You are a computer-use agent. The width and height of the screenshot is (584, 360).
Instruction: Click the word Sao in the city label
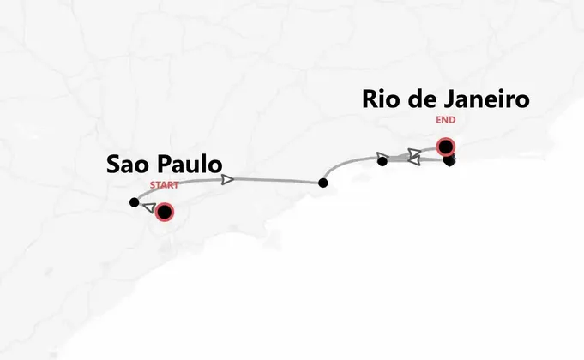coord(129,165)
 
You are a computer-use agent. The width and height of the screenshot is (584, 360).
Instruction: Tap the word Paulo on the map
coord(190,165)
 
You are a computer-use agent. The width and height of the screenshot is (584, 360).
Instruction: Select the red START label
coord(165,185)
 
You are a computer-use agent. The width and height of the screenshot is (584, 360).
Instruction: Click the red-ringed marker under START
coord(164,212)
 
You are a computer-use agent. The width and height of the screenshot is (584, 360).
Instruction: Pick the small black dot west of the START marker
coord(134,202)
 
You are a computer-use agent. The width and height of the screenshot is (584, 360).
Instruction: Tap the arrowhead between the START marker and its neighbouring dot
coord(148,208)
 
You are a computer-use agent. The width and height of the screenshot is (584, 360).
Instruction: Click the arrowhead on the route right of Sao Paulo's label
coord(228,179)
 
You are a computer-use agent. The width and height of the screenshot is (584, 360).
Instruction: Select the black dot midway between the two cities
coord(322,183)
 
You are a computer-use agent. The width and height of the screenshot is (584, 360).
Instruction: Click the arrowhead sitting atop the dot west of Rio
coord(383,157)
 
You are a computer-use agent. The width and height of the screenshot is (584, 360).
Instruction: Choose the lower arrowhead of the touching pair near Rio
coord(412,161)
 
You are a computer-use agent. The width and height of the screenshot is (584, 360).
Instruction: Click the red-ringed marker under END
coord(445,146)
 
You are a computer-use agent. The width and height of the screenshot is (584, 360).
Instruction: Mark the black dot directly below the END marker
coord(449,160)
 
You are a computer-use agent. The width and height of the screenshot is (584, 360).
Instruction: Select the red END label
coord(446,121)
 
